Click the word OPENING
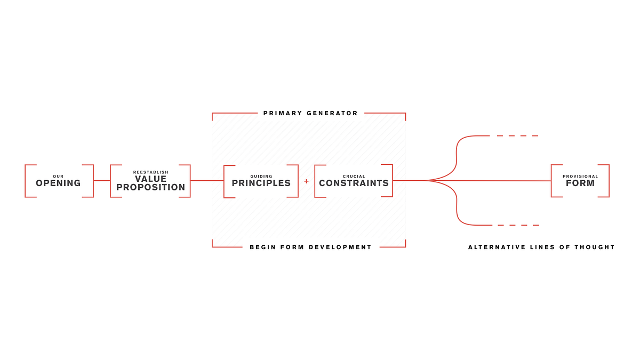(58, 183)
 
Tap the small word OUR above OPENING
(58, 177)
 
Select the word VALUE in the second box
(151, 179)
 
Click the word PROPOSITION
(151, 188)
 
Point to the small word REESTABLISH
(151, 172)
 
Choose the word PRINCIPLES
(261, 183)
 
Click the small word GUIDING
(261, 177)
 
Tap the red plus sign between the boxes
(306, 181)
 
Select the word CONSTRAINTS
(354, 183)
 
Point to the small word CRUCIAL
(354, 177)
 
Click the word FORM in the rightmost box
(580, 183)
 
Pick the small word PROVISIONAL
(580, 177)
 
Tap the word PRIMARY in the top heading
(283, 113)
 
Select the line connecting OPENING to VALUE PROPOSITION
(102, 181)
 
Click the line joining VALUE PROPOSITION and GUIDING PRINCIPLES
(207, 181)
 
